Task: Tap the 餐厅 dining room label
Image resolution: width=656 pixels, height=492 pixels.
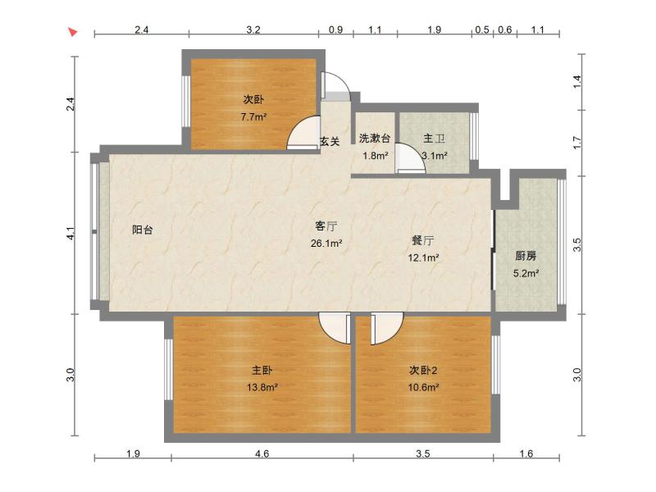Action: click(423, 241)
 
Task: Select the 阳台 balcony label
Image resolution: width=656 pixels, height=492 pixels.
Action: click(143, 230)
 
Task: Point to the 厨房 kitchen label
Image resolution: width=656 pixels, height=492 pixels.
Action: click(526, 256)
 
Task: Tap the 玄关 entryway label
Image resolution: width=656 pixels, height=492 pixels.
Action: click(330, 141)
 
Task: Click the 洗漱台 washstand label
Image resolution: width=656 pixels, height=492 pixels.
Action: click(374, 139)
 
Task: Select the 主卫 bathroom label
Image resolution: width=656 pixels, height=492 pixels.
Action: click(434, 139)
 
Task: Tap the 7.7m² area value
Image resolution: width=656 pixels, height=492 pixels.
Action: click(253, 117)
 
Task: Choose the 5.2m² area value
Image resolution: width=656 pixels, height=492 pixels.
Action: click(526, 274)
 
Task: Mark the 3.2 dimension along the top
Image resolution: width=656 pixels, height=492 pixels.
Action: click(253, 30)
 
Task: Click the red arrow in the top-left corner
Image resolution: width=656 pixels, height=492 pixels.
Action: click(72, 32)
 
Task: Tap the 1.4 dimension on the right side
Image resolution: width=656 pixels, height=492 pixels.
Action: click(577, 81)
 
